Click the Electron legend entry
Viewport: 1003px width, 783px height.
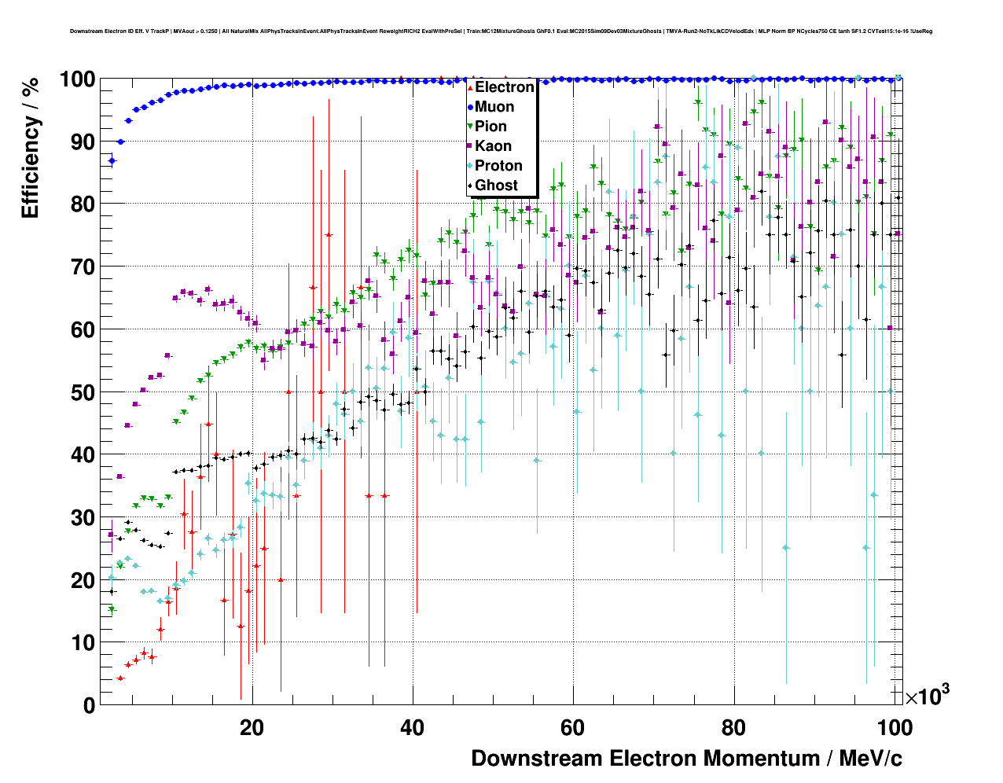click(x=504, y=87)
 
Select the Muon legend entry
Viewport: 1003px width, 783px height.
click(x=494, y=107)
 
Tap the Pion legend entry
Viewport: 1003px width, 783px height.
click(x=490, y=127)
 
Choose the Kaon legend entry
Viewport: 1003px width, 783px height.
click(x=493, y=146)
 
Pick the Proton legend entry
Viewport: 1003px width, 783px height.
click(x=498, y=166)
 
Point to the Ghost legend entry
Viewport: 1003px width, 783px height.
click(x=496, y=186)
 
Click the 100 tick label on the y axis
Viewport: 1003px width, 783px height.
click(x=77, y=79)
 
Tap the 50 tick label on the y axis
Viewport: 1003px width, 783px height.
click(x=83, y=392)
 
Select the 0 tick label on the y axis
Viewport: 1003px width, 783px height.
click(x=89, y=705)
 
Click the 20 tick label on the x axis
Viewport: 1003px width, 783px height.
click(x=252, y=728)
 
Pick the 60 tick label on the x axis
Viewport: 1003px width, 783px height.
click(x=572, y=728)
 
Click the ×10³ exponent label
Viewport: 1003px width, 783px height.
click(x=927, y=696)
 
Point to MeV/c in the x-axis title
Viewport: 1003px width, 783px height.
click(x=871, y=759)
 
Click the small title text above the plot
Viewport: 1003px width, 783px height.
click(x=501, y=31)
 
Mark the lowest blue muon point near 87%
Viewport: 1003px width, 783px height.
click(x=112, y=160)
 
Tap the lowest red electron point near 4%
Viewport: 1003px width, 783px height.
click(x=120, y=678)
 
